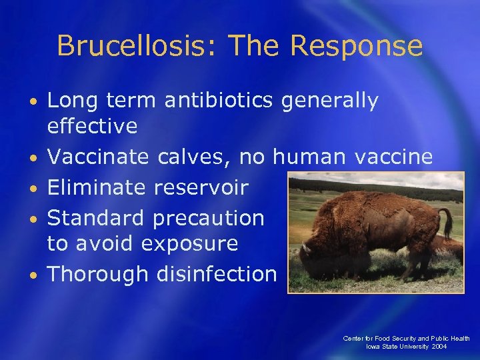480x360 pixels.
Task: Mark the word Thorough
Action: (99, 273)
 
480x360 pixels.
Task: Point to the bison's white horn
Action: (305, 247)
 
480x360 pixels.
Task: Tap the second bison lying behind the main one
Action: (453, 247)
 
